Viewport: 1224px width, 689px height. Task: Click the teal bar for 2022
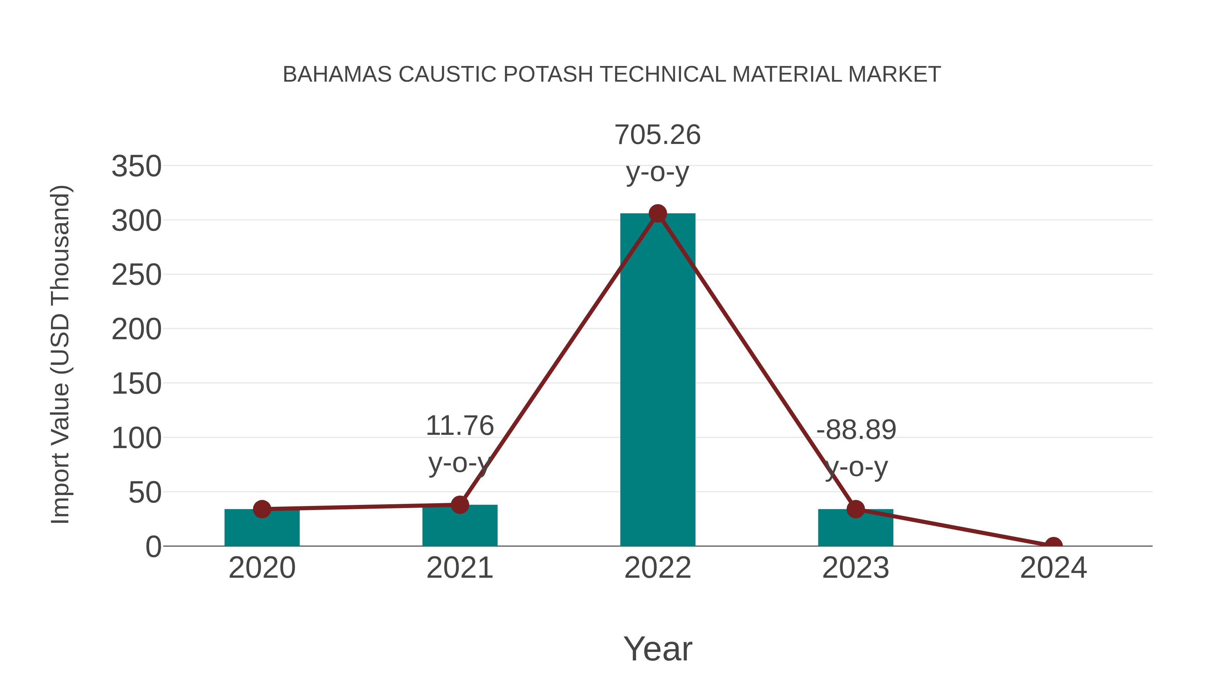point(658,380)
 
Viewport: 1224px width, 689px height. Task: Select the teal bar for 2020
point(262,529)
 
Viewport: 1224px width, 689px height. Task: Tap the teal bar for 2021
point(459,527)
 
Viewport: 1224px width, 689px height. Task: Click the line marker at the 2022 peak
point(658,213)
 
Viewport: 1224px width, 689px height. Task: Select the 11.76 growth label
point(459,426)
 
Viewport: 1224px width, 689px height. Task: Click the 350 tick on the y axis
point(136,167)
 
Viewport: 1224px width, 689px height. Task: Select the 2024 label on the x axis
point(1053,568)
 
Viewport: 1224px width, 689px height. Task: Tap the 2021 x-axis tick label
point(459,568)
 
